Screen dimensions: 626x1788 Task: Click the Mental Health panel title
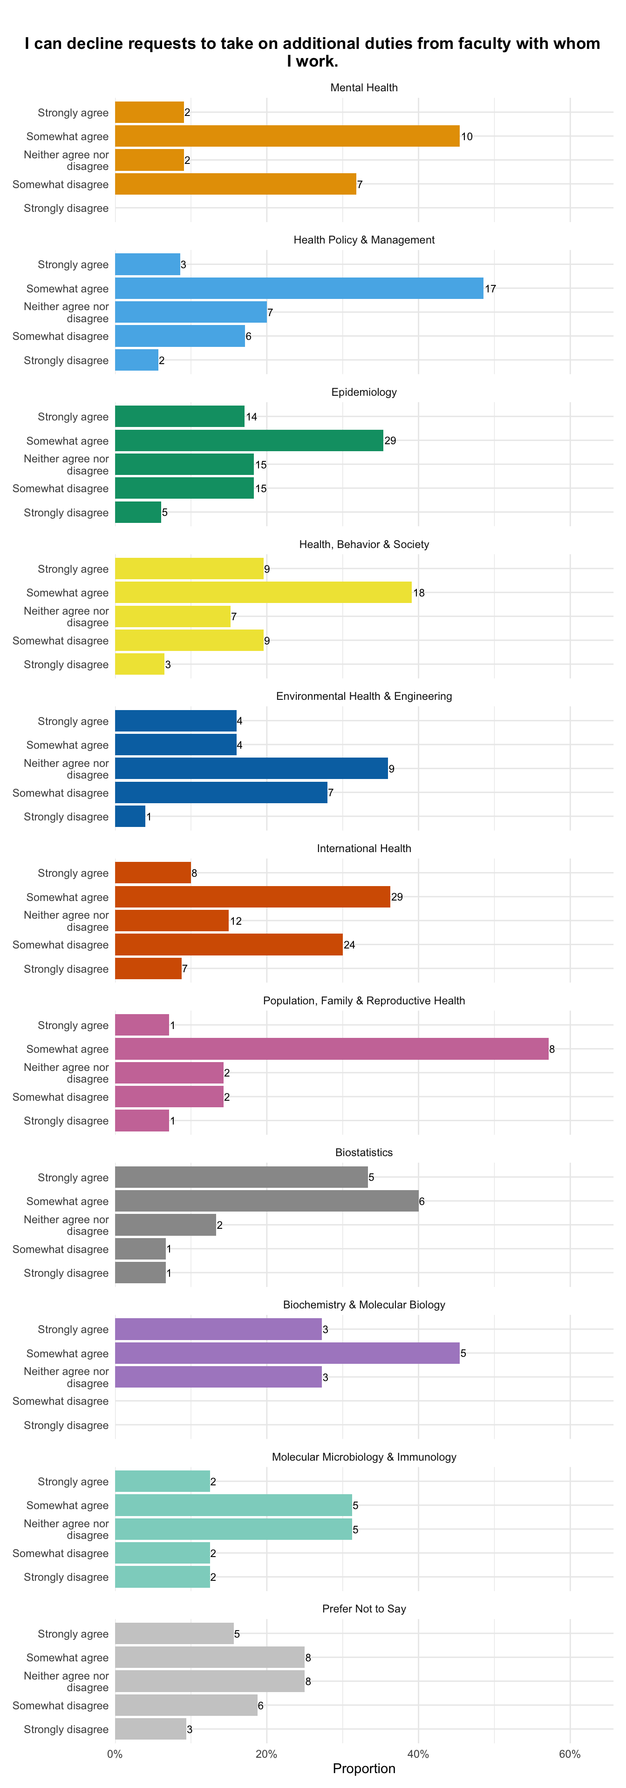364,88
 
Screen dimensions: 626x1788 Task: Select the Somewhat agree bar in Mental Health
287,136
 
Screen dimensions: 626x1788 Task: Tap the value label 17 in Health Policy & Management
490,289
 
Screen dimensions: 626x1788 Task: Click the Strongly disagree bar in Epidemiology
138,512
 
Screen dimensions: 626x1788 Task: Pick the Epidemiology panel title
364,392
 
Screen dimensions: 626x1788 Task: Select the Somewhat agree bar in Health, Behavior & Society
263,593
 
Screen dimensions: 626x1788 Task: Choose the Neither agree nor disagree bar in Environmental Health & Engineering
251,768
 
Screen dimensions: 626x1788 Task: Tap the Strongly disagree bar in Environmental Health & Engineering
130,816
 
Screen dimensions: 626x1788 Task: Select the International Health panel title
364,848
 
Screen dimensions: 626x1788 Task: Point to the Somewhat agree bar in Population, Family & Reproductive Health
332,1049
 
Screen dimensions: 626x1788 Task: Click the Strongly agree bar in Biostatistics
242,1177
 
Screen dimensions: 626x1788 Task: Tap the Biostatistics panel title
364,1152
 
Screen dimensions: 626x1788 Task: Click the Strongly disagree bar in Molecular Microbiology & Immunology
163,1577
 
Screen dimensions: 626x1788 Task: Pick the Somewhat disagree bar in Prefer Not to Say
186,1706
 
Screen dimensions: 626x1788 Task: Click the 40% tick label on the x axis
418,1754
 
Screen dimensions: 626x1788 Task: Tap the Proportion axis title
364,1768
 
